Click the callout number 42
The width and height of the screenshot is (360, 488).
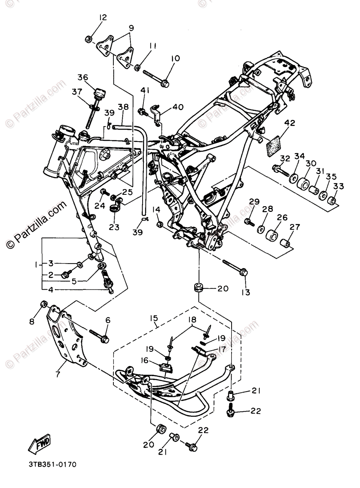click(x=290, y=123)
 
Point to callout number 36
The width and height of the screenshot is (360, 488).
click(x=83, y=77)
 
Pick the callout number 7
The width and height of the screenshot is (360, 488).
click(x=58, y=374)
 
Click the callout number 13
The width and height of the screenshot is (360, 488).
click(x=247, y=292)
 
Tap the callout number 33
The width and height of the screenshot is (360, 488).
click(x=338, y=186)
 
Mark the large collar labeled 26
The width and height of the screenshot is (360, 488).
click(x=271, y=236)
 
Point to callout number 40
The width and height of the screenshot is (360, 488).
click(x=178, y=107)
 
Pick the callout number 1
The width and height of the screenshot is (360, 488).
click(x=37, y=264)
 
